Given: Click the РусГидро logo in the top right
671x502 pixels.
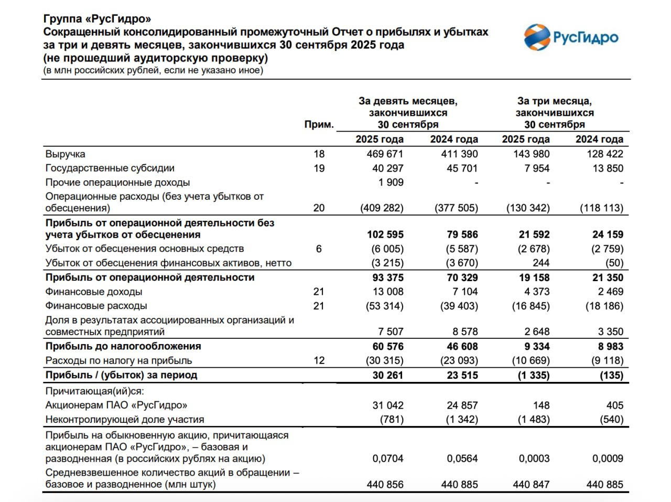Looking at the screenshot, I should click(571, 37).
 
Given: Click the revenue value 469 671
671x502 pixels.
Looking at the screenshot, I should click(385, 154).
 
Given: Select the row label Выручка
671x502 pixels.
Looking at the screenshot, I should click(65, 154).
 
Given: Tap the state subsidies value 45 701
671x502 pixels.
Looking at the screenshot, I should click(459, 168).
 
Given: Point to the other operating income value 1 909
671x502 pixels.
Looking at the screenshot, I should click(391, 182).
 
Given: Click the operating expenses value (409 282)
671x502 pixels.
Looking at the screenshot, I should click(382, 208).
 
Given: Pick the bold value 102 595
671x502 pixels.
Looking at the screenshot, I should click(385, 234).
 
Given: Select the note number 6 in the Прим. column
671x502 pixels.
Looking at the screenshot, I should click(319, 249).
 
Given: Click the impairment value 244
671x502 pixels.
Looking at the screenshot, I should click(540, 263).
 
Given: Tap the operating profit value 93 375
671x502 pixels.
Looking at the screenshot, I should click(387, 277).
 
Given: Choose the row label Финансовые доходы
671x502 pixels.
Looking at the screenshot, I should click(94, 292).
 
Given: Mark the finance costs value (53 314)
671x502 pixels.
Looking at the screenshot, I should click(384, 306).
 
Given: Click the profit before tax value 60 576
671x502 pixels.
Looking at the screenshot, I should click(387, 346).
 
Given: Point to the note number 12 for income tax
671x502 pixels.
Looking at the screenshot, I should click(319, 360).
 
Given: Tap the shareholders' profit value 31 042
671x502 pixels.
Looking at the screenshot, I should click(387, 405).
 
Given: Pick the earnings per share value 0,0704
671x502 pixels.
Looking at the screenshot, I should click(387, 458).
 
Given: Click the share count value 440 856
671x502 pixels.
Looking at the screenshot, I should click(385, 484).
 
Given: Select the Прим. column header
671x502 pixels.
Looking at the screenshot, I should click(319, 124).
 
